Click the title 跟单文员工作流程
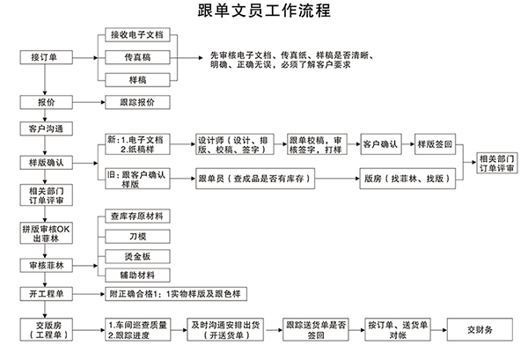(x=264, y=11)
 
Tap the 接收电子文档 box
(x=136, y=34)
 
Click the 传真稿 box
(x=136, y=57)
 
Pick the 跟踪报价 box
(x=136, y=102)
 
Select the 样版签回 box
(x=435, y=143)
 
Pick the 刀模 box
(x=136, y=236)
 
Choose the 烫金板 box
(x=136, y=255)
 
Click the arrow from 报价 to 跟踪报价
(x=85, y=102)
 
